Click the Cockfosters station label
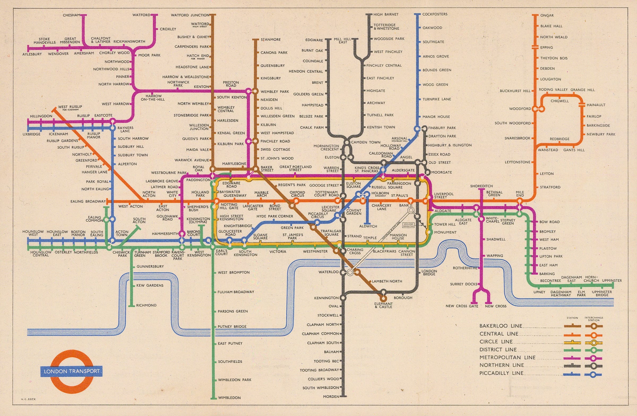tap(435, 14)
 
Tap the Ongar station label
tap(547, 15)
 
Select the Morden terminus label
tap(331, 396)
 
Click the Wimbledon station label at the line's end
tap(229, 397)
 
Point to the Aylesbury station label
tap(32, 54)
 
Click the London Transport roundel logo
tap(71, 371)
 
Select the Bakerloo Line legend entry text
tap(501, 326)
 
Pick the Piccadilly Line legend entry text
tap(501, 373)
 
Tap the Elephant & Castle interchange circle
tap(383, 298)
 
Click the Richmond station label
tap(146, 305)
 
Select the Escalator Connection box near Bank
tap(408, 225)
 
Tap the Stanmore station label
tap(270, 40)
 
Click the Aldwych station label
tap(368, 226)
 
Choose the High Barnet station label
tap(386, 14)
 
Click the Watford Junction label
tap(190, 15)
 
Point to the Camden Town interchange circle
tap(347, 142)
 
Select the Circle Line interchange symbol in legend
tap(593, 343)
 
